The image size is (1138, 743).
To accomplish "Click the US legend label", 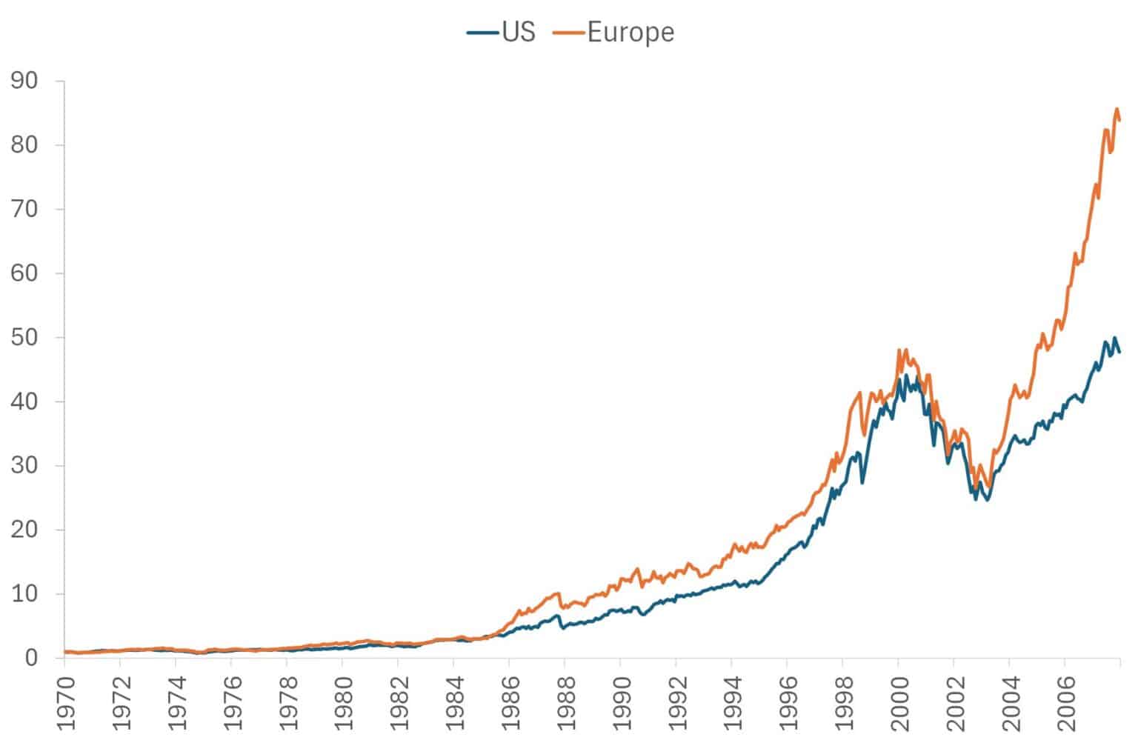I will pyautogui.click(x=518, y=32).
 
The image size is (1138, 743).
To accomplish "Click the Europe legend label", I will pyautogui.click(x=630, y=32).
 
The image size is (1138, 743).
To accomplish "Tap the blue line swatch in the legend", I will pyautogui.click(x=483, y=33).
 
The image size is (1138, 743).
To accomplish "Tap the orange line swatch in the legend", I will pyautogui.click(x=570, y=33).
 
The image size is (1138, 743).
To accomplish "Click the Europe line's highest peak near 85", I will pyautogui.click(x=1117, y=109).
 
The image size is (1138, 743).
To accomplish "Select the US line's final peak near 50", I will pyautogui.click(x=1114, y=338).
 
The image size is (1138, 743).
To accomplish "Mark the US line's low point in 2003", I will pyautogui.click(x=987, y=501).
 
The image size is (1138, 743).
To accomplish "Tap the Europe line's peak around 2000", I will pyautogui.click(x=899, y=350).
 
